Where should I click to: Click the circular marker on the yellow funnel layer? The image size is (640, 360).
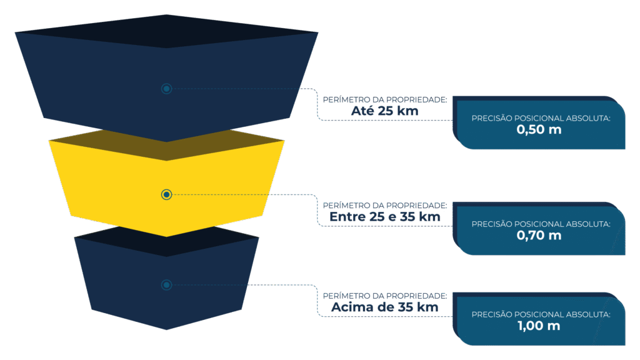166,195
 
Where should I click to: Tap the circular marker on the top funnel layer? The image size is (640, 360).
166,89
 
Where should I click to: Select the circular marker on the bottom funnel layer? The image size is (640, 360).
166,285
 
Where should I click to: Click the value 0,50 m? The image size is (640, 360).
539,130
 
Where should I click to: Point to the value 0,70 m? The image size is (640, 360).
539,236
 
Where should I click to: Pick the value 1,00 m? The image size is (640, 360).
539,326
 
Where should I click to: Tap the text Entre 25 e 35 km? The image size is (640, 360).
385,217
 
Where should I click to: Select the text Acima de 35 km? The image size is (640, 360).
384,307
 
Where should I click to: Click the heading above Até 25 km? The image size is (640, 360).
384,100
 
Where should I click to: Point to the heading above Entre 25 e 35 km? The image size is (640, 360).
384,205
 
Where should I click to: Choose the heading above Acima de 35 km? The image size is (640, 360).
384,295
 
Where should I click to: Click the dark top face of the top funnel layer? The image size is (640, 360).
166,31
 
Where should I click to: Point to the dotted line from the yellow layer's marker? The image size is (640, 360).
250,195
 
